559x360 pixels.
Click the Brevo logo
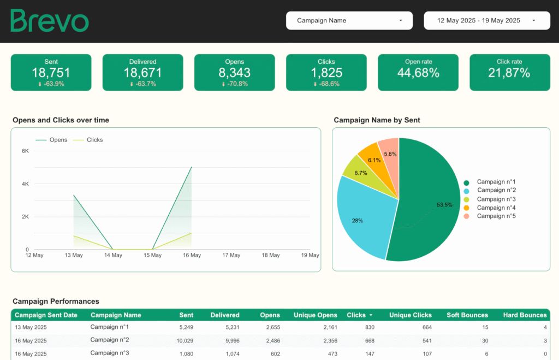coord(49,21)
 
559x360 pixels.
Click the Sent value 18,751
coord(51,73)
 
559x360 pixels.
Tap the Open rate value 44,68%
coord(418,73)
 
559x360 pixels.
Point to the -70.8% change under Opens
coord(235,84)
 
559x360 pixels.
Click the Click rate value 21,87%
coord(509,73)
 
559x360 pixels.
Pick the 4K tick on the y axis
coord(25,184)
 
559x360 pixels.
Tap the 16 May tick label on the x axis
coord(191,255)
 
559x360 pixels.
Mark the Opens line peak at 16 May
coord(191,167)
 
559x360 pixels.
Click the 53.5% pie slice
coord(431,208)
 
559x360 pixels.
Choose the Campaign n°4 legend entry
coord(496,208)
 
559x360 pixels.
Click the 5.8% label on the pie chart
coord(390,154)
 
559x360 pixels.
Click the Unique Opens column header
coord(316,315)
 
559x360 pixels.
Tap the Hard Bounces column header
coord(525,315)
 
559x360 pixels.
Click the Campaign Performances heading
coord(56,301)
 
